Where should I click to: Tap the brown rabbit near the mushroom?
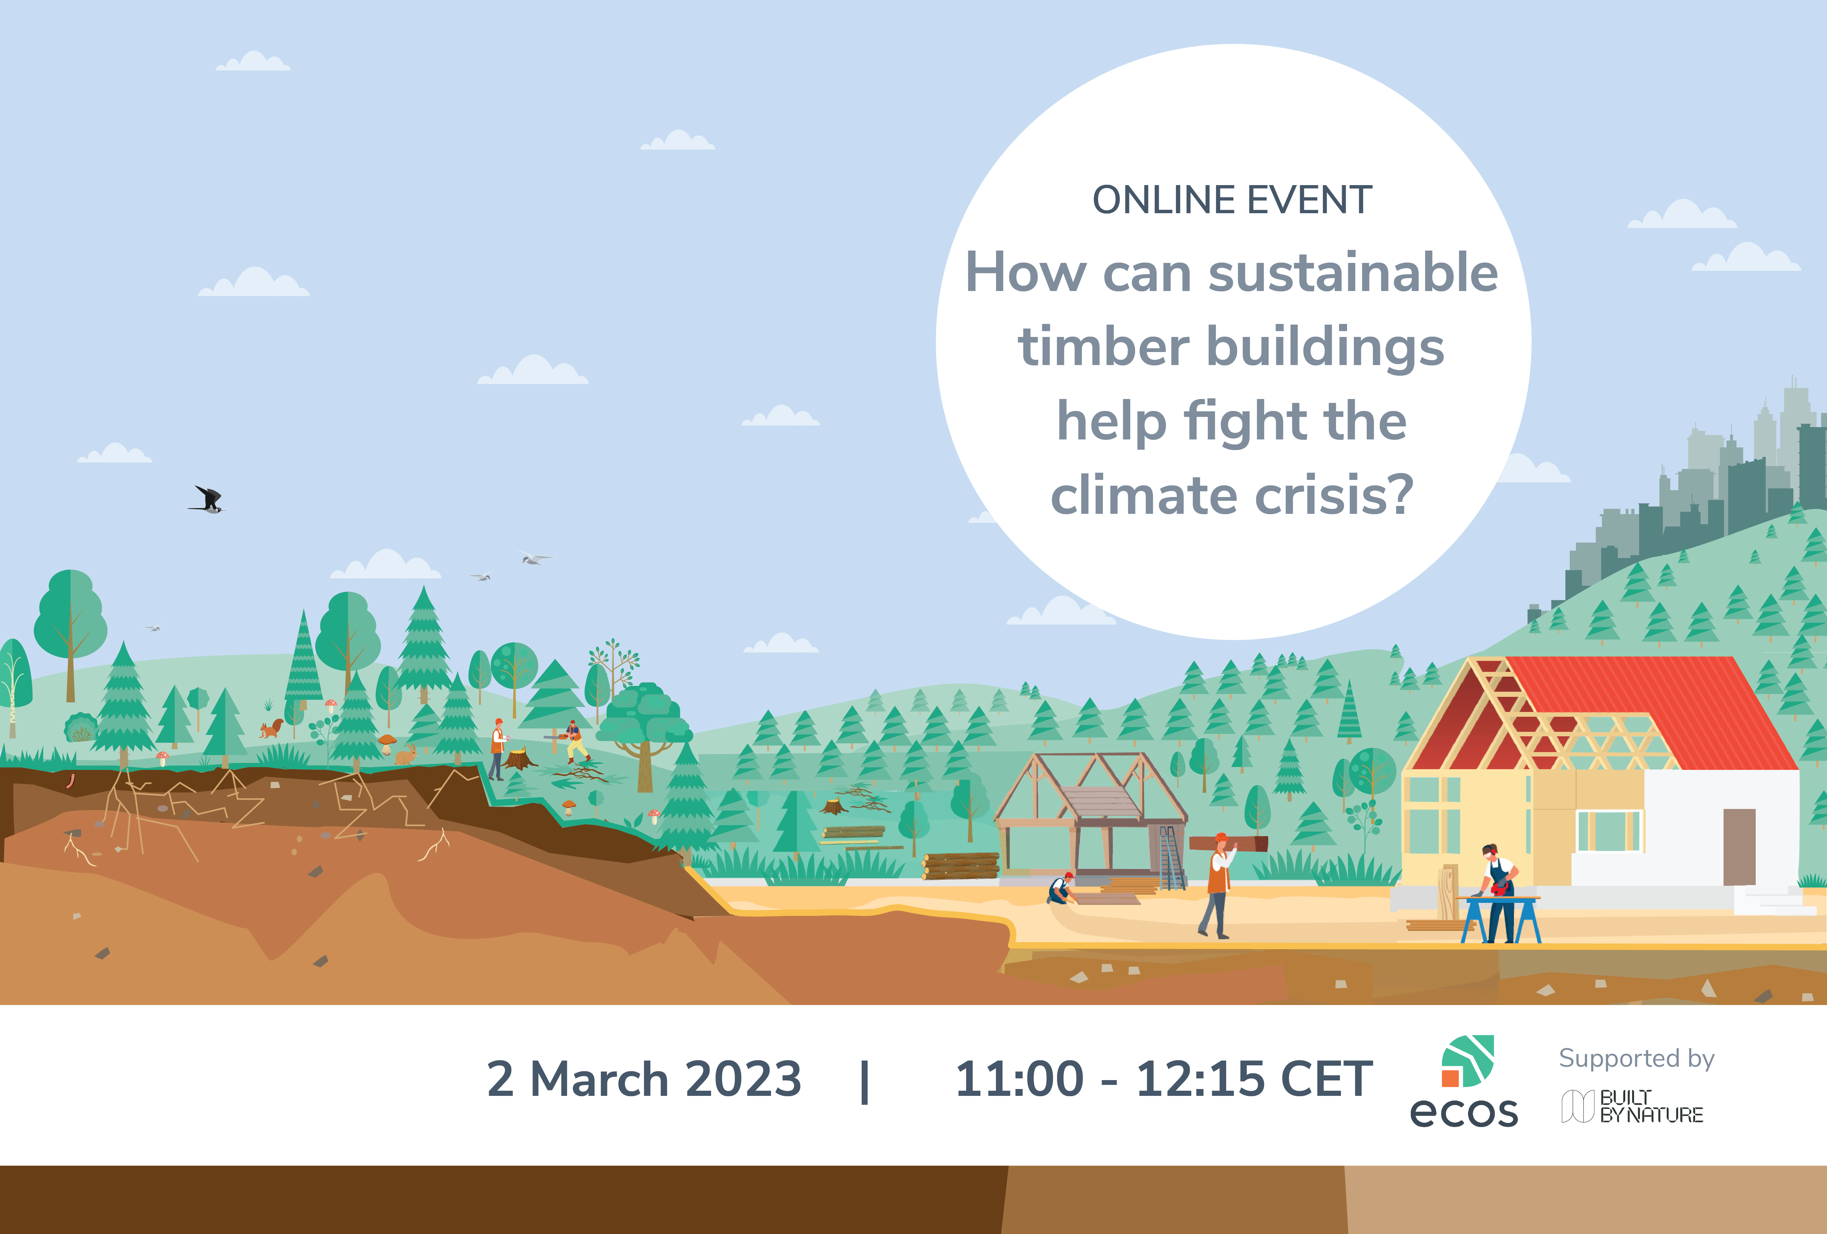406,755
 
